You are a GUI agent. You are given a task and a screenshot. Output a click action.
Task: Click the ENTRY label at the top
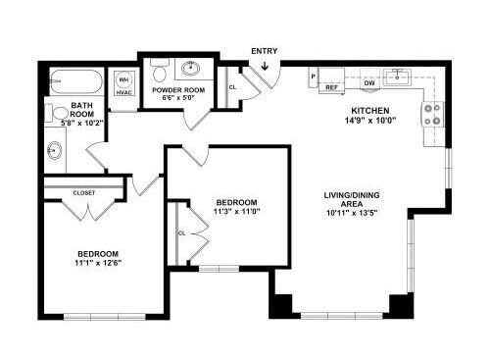tap(264, 50)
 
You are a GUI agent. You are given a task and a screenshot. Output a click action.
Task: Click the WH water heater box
tap(124, 79)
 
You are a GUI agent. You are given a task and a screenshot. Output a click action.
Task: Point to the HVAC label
tap(124, 92)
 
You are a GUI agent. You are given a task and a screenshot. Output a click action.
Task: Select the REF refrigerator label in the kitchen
tap(331, 87)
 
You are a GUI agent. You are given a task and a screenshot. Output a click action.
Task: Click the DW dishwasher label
tap(370, 83)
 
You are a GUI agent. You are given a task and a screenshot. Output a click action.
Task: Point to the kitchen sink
tap(399, 75)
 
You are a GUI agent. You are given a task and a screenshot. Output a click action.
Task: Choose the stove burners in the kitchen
tap(431, 115)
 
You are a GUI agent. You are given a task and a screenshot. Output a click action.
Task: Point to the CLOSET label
tap(85, 193)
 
